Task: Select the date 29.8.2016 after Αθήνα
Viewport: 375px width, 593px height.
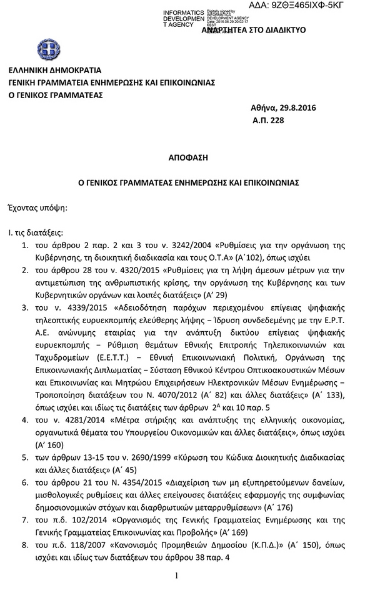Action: click(299, 108)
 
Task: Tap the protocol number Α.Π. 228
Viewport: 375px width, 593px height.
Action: click(268, 120)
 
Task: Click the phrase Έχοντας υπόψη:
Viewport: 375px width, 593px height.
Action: click(37, 206)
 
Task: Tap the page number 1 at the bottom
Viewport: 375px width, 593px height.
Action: click(177, 576)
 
